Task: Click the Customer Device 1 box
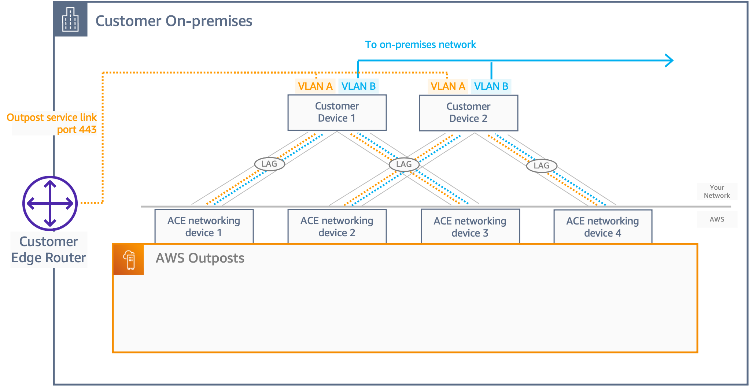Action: point(337,112)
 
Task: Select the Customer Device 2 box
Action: point(468,113)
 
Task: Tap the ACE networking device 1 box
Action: point(204,226)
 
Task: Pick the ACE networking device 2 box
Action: point(337,226)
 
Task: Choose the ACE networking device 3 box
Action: point(470,227)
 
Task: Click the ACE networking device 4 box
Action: point(602,227)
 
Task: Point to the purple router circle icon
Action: point(50,203)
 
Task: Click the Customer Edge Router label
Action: point(49,250)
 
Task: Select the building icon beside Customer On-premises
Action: point(70,19)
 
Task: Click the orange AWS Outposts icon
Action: point(128,260)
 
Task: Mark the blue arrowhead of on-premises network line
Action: point(669,60)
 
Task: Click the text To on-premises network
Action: point(420,45)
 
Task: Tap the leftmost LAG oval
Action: point(269,164)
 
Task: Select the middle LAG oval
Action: point(404,164)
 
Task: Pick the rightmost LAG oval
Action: point(541,166)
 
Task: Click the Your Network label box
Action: point(717,191)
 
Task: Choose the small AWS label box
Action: point(717,219)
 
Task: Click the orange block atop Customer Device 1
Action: point(315,86)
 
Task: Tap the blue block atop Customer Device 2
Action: point(491,86)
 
